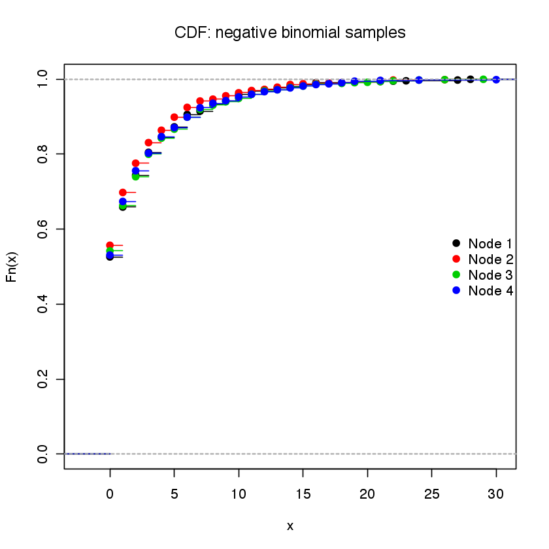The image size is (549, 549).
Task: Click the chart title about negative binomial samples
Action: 290,32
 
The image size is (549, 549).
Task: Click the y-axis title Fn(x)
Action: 11,267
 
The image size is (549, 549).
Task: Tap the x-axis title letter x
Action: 290,525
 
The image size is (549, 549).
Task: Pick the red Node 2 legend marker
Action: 456,259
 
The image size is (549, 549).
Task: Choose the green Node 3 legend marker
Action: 456,274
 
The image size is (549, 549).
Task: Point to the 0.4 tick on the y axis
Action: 42,304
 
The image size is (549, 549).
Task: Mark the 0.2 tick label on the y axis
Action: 42,379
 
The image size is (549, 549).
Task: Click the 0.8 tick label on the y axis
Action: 42,154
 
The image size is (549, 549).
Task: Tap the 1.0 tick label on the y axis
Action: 42,79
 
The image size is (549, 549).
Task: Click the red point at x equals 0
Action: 110,245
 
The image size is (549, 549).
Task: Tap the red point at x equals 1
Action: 123,192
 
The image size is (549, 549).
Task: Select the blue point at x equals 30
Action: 496,79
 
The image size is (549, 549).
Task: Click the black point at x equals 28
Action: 471,79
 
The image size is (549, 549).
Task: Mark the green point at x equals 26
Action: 445,79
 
